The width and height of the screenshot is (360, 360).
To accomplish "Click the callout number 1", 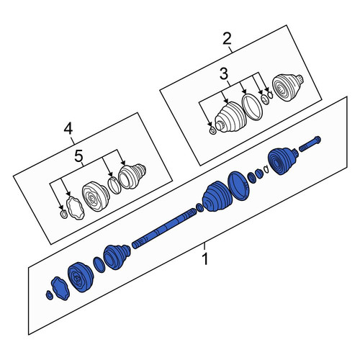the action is pyautogui.click(x=204, y=258).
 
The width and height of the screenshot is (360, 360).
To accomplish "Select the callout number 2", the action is pyautogui.click(x=227, y=39).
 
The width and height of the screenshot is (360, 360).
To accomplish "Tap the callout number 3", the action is pyautogui.click(x=224, y=74).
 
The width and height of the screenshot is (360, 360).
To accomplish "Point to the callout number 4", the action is pyautogui.click(x=68, y=128).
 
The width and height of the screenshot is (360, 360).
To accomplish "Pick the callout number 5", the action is pyautogui.click(x=78, y=156).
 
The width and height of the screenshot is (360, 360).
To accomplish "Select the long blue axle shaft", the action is pyautogui.click(x=164, y=229).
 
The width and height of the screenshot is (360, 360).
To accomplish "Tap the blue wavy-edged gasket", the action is pyautogui.click(x=60, y=288).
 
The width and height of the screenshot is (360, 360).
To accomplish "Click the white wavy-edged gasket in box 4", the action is pyautogui.click(x=75, y=207).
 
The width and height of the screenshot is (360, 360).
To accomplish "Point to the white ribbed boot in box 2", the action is pyautogui.click(x=230, y=117).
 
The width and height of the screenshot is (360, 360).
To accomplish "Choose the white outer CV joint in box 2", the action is pyautogui.click(x=287, y=87).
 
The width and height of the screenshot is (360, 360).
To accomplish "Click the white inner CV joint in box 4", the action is pyautogui.click(x=96, y=196).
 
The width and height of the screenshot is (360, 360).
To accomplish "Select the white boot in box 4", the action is pyautogui.click(x=132, y=176).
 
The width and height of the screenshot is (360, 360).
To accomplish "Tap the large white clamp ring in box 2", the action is pyautogui.click(x=252, y=107).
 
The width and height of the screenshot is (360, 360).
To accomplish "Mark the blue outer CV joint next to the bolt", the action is pyautogui.click(x=283, y=161).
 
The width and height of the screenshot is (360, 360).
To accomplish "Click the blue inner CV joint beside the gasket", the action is pyautogui.click(x=81, y=276).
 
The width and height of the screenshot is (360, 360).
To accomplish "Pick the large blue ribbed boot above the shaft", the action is pyautogui.click(x=217, y=196).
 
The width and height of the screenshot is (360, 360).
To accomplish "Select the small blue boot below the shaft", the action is pyautogui.click(x=117, y=257).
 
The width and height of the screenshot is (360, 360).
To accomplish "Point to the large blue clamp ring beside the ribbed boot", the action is pyautogui.click(x=238, y=186).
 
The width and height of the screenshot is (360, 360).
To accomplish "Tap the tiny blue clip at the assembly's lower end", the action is pyautogui.click(x=49, y=295).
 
